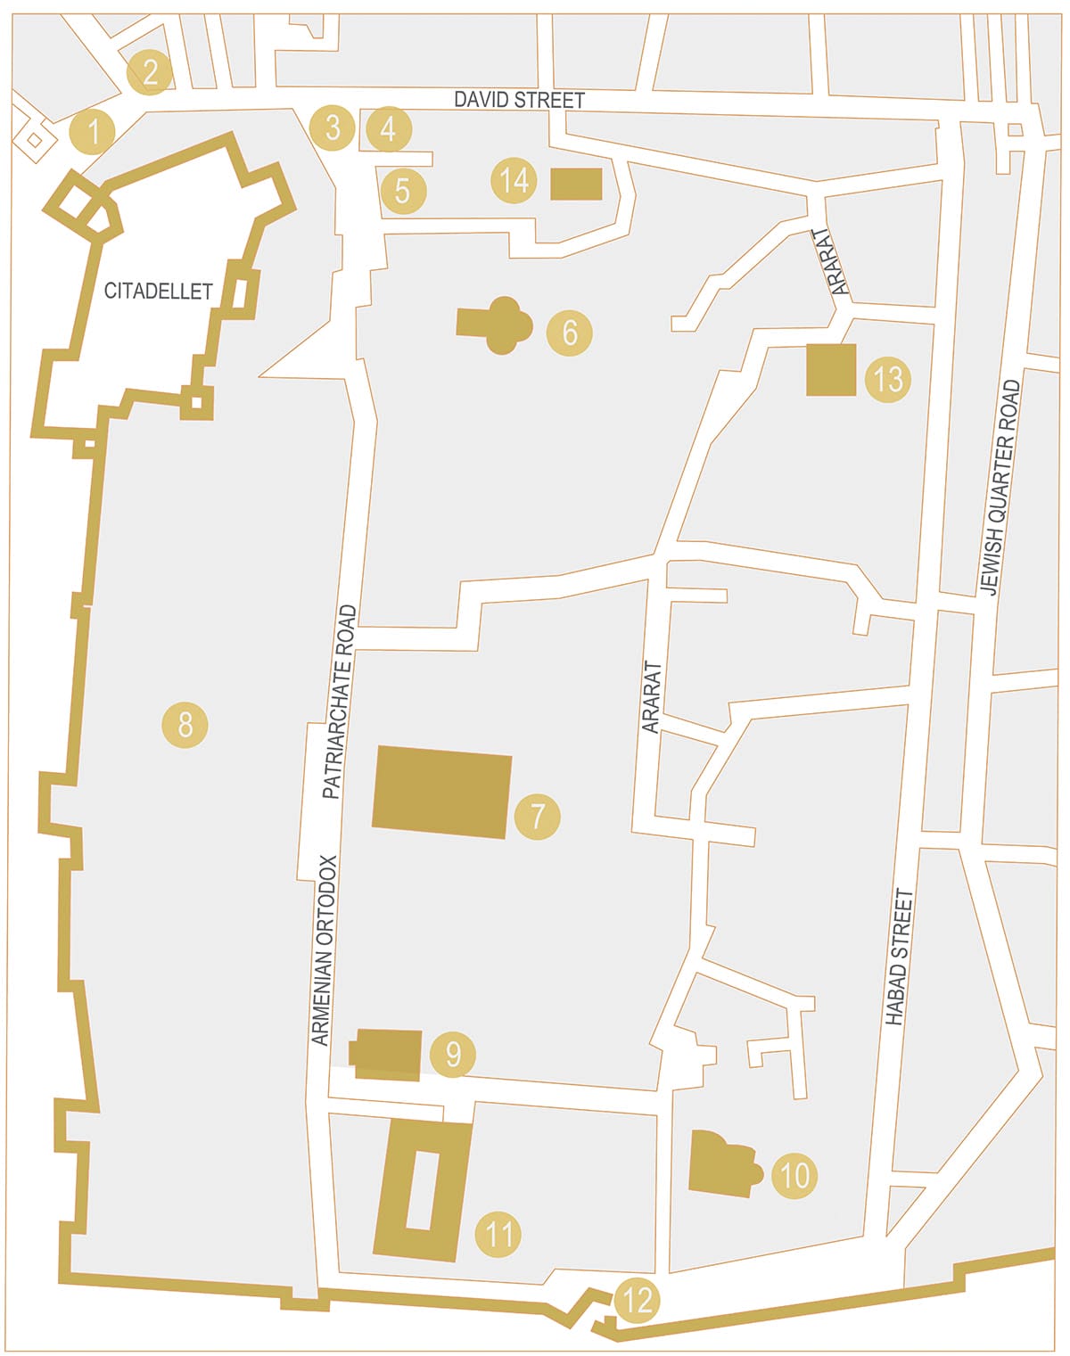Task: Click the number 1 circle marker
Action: [93, 132]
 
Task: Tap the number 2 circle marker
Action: [150, 71]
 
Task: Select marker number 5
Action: [403, 190]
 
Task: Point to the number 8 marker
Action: [185, 724]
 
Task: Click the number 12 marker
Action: [637, 1300]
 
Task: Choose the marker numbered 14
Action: [514, 181]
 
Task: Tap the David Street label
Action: [519, 100]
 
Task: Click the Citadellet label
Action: [158, 291]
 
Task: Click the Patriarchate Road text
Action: [339, 702]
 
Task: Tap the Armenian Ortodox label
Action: [325, 950]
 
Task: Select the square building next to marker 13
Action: [831, 369]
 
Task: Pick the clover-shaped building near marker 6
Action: [496, 325]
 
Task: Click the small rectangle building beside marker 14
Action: [576, 184]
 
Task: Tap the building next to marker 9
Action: [386, 1054]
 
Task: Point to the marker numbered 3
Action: [333, 127]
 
